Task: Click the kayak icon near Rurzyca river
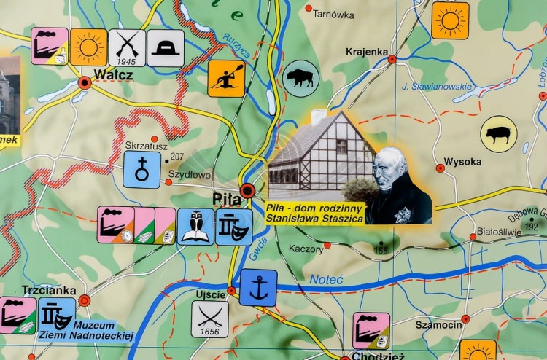pos(226,78)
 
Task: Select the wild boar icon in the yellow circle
pos(499,135)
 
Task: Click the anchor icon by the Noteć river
pos(258,287)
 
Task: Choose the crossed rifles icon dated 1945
pos(127,47)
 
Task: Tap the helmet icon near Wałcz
pos(166,47)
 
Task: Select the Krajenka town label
pos(367,51)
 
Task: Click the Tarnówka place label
pos(333,14)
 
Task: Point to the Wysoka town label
pos(462,162)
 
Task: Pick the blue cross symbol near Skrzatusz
pos(141,170)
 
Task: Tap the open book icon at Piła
pos(195,226)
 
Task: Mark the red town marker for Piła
pos(248,191)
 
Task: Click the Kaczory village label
pos(306,249)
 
